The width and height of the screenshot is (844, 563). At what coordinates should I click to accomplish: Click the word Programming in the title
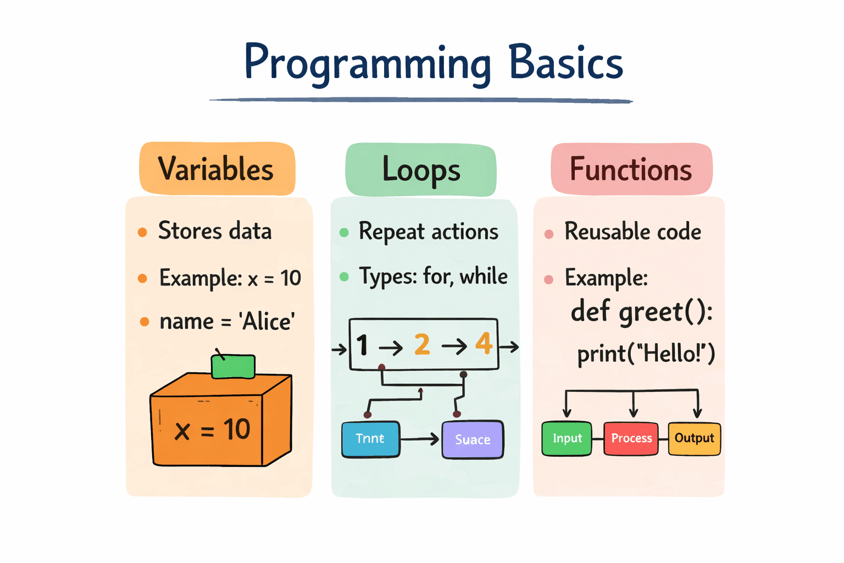click(367, 63)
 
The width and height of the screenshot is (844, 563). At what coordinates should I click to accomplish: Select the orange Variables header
click(216, 169)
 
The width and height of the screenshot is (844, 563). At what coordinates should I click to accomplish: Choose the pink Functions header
click(631, 169)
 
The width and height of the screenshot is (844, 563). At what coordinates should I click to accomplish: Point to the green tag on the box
click(234, 367)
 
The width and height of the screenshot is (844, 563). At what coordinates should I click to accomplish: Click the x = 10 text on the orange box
click(212, 429)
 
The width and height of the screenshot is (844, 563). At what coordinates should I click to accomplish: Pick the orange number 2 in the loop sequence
click(422, 345)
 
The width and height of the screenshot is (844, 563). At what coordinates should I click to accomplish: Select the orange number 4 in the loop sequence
click(484, 344)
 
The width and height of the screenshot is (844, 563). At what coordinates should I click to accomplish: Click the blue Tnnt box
click(370, 439)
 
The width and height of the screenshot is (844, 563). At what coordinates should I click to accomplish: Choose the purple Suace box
click(473, 439)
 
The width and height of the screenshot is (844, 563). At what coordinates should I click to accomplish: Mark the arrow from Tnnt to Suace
click(420, 439)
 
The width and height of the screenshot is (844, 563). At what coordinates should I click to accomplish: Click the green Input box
click(567, 439)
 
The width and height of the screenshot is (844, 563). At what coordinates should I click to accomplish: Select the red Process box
click(631, 439)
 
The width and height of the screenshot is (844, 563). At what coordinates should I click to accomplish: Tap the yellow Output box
click(694, 439)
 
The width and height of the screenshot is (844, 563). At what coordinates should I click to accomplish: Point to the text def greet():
click(641, 312)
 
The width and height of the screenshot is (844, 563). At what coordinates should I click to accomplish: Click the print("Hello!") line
click(646, 354)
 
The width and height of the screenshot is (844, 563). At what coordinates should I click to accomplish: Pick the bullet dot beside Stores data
click(142, 232)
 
